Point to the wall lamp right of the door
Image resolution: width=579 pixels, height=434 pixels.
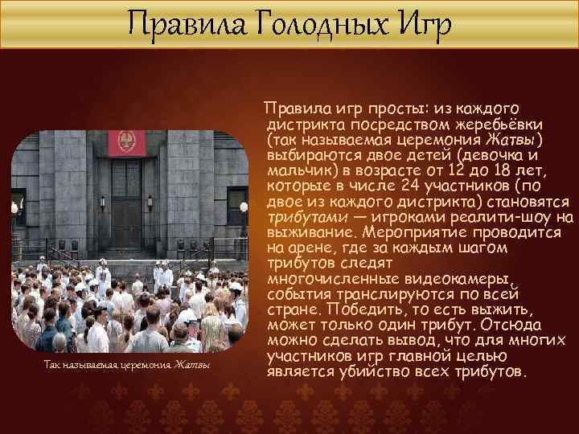click(x=243, y=207)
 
